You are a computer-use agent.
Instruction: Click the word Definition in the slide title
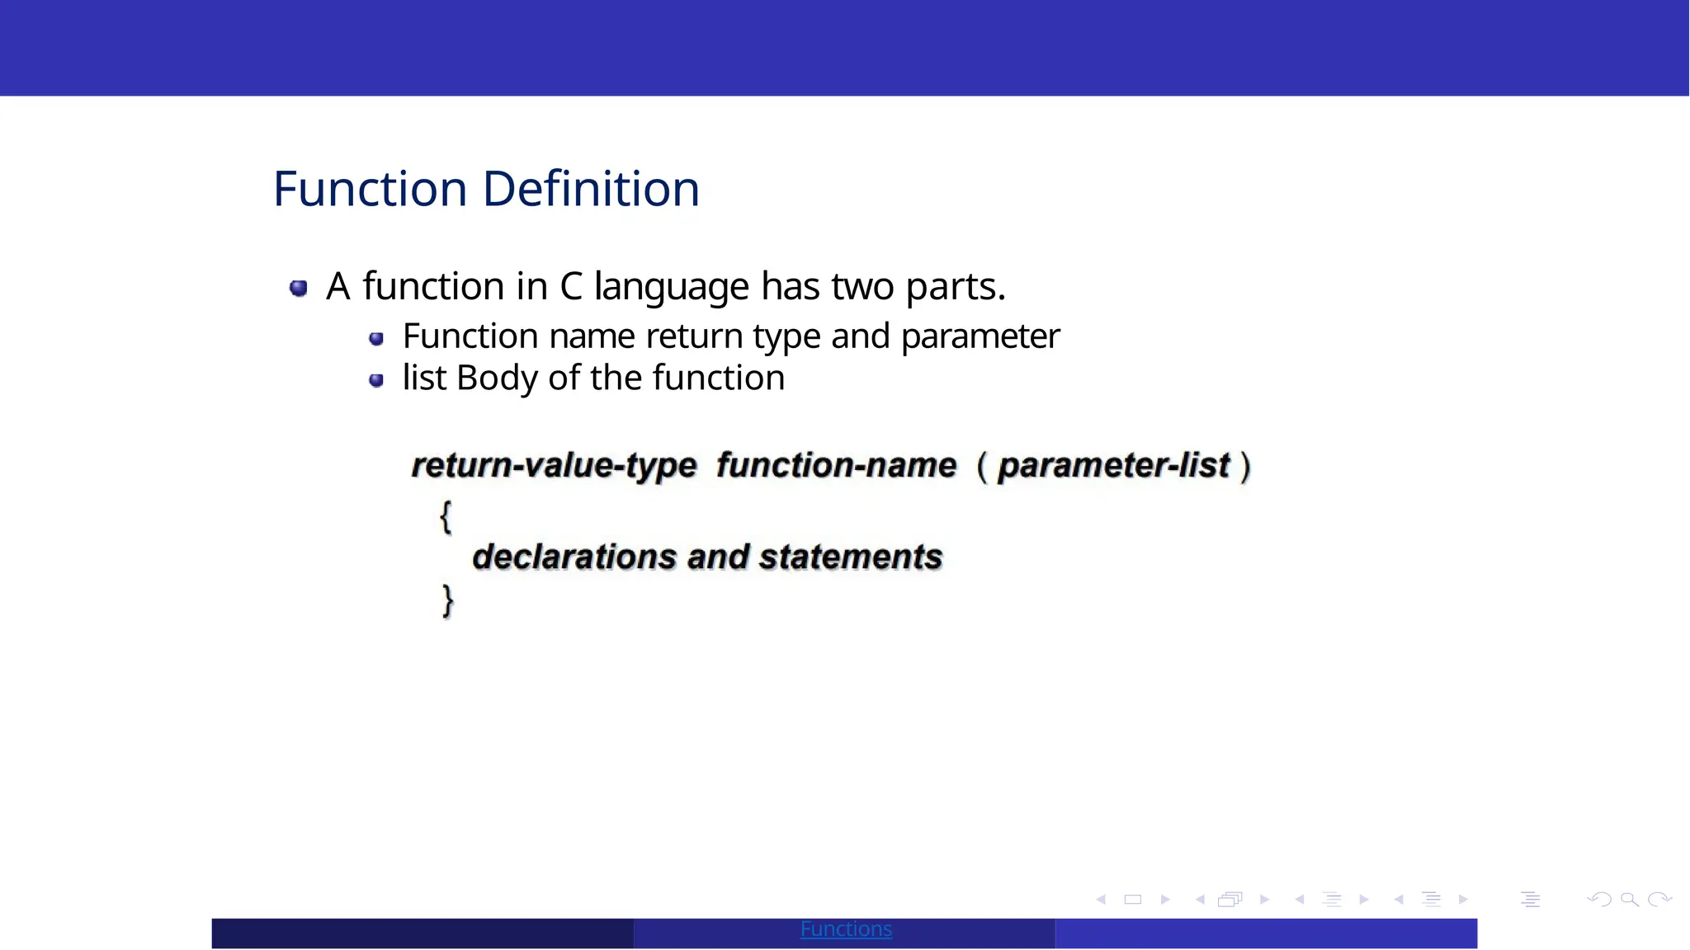coord(591,189)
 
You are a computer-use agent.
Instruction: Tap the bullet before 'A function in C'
coord(299,288)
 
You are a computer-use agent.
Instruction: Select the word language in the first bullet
coord(672,288)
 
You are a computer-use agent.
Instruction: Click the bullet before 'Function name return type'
coord(376,339)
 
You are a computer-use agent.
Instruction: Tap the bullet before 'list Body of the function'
coord(376,380)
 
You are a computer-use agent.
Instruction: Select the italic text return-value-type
coord(554,466)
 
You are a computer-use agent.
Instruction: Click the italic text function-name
coord(836,466)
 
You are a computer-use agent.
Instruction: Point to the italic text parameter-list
coord(1114,466)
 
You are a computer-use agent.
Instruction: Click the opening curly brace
coord(446,517)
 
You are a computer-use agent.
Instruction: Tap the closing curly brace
coord(447,600)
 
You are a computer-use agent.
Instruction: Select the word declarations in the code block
coord(574,557)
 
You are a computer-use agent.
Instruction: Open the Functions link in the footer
coord(846,929)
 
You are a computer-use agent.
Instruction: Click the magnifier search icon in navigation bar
coord(1629,900)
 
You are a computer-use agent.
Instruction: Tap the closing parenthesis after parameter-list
coord(1245,467)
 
